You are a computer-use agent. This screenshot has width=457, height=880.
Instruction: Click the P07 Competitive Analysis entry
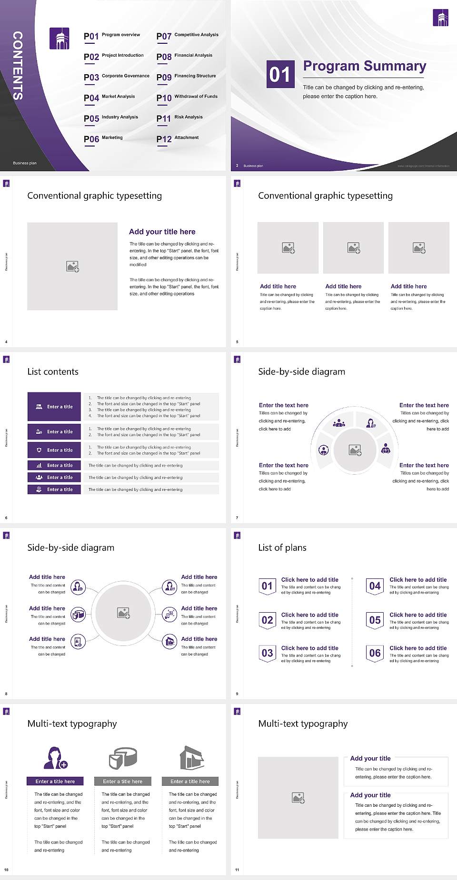[x=188, y=36]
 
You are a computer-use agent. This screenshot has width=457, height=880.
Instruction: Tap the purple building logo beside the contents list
[x=60, y=39]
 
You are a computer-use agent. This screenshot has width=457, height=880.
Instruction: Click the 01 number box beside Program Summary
[x=280, y=74]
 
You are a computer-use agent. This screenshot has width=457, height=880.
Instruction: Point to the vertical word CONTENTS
[x=18, y=66]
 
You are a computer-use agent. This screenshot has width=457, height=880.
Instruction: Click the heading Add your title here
[x=162, y=232]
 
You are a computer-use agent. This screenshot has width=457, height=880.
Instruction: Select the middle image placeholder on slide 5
[x=353, y=248]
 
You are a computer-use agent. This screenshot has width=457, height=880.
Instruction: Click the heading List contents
[x=53, y=372]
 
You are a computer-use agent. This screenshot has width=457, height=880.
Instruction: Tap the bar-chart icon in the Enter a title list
[x=39, y=466]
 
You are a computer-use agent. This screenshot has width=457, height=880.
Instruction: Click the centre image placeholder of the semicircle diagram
[x=355, y=450]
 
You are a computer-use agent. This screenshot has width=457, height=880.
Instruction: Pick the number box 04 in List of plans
[x=375, y=586]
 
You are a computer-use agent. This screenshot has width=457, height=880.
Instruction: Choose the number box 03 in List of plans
[x=267, y=653]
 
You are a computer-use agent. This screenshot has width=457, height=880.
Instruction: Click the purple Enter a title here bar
[x=55, y=781]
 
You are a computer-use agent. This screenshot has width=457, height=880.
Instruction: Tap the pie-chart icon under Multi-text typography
[x=123, y=757]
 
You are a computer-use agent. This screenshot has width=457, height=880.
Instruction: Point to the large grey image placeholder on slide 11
[x=298, y=798]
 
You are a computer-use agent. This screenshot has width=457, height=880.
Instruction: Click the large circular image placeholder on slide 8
[x=123, y=613]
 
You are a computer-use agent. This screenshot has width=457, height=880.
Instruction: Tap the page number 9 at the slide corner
[x=237, y=694]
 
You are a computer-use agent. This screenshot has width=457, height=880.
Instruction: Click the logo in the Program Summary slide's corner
[x=440, y=18]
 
